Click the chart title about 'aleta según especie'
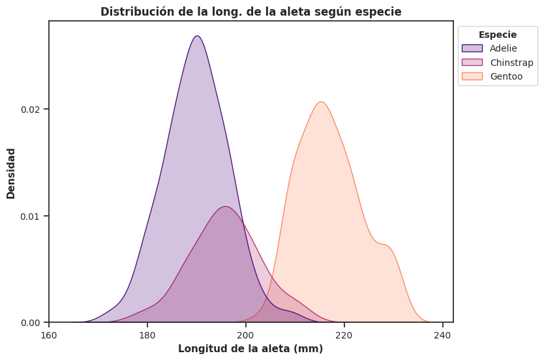[250, 12]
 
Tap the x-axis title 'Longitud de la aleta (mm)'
[250, 349]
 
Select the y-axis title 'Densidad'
[11, 173]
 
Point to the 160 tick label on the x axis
[49, 336]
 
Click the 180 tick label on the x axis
[147, 336]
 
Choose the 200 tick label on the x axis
[246, 336]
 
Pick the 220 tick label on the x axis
[344, 336]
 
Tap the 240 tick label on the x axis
[443, 336]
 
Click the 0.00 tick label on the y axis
[30, 323]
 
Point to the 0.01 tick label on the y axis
[30, 216]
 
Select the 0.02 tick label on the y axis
[30, 109]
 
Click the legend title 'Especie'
[498, 35]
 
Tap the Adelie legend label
[504, 48]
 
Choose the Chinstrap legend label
[511, 63]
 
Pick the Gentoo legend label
[506, 76]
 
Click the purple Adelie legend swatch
[472, 48]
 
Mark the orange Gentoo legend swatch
[472, 76]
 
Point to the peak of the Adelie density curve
[197, 36]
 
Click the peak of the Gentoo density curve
[321, 102]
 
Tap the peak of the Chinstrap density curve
[225, 207]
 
